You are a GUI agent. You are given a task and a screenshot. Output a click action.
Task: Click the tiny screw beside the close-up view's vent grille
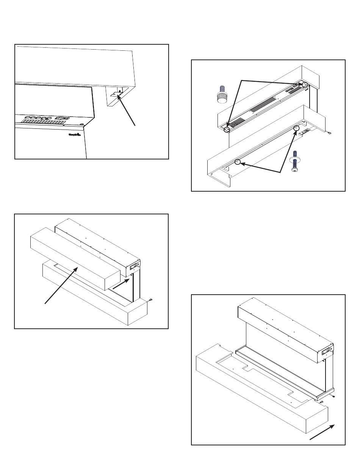pyautogui.click(x=81, y=124)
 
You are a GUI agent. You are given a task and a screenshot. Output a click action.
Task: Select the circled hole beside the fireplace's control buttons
pyautogui.click(x=304, y=84)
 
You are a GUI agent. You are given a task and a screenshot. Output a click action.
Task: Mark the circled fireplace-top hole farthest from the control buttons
pyautogui.click(x=227, y=129)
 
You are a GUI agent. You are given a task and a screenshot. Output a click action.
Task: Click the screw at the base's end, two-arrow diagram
pyautogui.click(x=151, y=300)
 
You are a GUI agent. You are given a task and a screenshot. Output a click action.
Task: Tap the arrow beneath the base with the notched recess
pyautogui.click(x=322, y=432)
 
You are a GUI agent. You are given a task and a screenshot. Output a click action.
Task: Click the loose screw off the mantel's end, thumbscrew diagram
pyautogui.click(x=329, y=133)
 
